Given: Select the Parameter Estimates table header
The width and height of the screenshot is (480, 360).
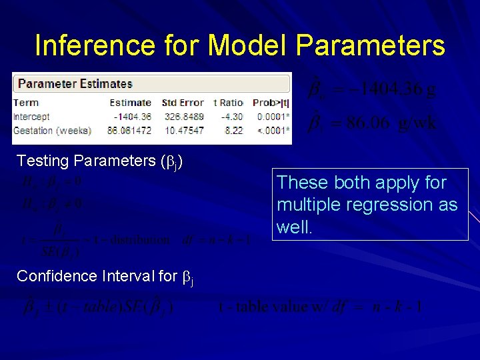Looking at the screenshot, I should coord(75,84).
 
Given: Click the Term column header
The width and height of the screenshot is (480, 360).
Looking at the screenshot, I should coord(26,103).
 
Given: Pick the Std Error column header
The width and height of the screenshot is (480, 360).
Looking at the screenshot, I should coord(183,103).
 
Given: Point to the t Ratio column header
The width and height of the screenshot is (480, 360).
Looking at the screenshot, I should coord(228,103).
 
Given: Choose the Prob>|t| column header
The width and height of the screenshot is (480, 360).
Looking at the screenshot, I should coord(271,103).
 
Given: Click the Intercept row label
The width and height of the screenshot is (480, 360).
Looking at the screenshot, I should coord(31,117).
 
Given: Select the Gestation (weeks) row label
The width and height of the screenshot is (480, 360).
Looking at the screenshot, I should coord(52,130).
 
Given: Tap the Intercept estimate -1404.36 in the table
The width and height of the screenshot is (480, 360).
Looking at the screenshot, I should coord(132,117).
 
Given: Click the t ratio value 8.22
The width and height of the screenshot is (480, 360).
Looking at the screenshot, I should coord(235,130).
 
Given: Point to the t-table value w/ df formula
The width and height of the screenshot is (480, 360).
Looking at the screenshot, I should coord(320,307).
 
